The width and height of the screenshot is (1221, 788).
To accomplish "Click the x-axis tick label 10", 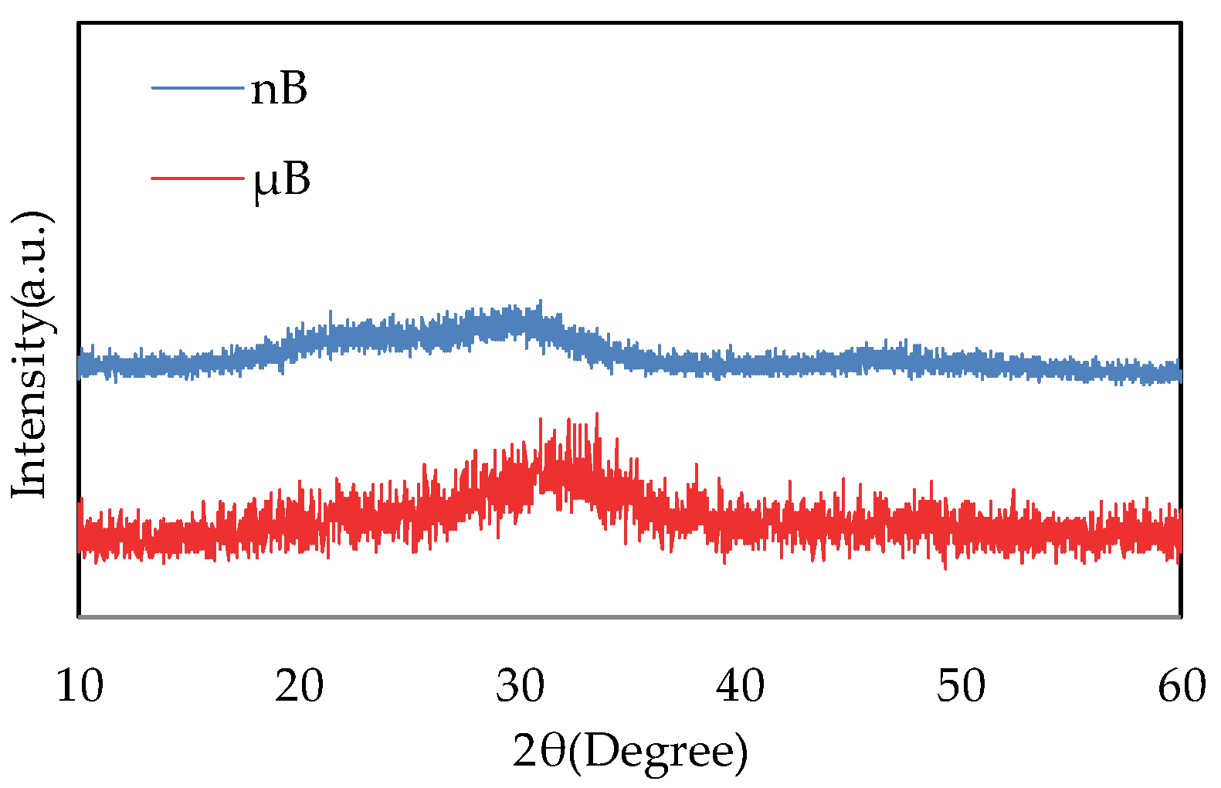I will point(80,686).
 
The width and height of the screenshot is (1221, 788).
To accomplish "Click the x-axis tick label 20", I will point(300,686).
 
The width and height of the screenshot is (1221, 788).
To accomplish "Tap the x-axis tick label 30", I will point(520,686).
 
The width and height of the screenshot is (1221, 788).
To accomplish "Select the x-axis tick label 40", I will point(741,686).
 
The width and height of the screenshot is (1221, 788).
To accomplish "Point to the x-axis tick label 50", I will point(961,686).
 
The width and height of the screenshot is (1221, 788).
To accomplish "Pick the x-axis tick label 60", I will point(1181,686).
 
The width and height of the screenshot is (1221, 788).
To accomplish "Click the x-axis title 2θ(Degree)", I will point(630,752).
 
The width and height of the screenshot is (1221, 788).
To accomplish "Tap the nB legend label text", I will point(279,89).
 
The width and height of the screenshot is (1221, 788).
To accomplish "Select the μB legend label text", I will point(282,180).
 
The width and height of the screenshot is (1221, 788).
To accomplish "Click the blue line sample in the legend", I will point(198,88).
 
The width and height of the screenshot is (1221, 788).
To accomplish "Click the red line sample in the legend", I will point(198,178).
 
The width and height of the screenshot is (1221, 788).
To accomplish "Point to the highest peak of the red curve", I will point(597,415).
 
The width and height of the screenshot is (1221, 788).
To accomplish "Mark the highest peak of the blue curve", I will point(540,301).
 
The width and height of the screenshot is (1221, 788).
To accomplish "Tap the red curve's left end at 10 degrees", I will point(80,533).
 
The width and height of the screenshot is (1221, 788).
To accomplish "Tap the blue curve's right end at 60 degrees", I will point(1179,374).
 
